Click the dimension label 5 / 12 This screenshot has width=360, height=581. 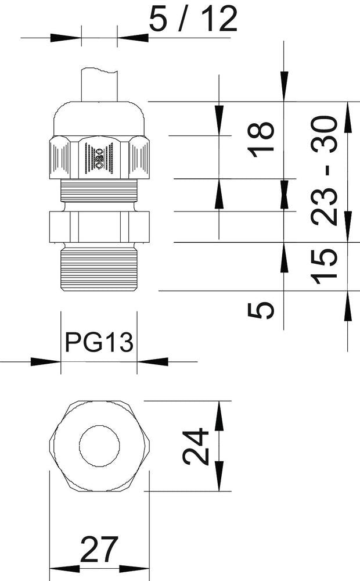coord(193,20)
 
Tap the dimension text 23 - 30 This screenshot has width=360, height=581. coord(325,170)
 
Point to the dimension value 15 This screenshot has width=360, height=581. coord(325,266)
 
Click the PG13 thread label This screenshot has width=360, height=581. coord(99,343)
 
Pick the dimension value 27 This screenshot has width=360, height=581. coord(99,550)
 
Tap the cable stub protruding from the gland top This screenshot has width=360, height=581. coord(99,84)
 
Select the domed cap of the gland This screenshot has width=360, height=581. coord(99,119)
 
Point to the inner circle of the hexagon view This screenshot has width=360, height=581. coord(99,446)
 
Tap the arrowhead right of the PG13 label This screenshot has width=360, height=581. coord(153,362)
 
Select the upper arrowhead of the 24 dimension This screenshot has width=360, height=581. coord(219,416)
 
